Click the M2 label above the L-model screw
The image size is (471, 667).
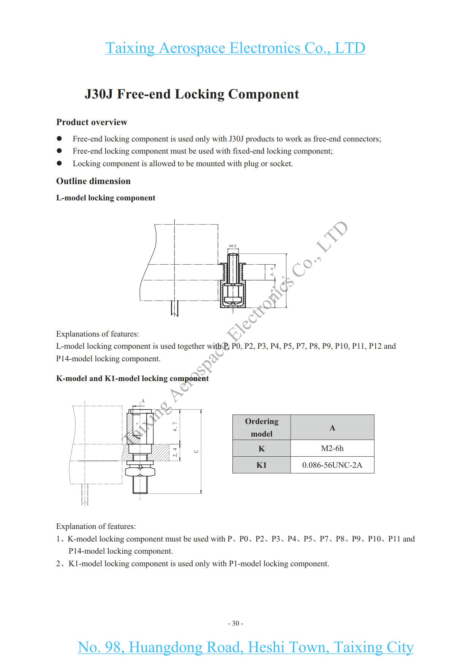[x=232, y=246]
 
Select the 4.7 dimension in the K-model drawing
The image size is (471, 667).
[x=175, y=426]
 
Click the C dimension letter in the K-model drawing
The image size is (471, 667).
[x=196, y=451]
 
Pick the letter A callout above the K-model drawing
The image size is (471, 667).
[x=143, y=401]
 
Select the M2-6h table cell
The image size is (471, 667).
[x=332, y=448]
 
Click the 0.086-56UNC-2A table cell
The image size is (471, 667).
[x=332, y=465]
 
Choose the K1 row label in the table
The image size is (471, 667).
[x=261, y=465]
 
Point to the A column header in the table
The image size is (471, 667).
[x=332, y=428]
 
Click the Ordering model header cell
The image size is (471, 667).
[x=261, y=427]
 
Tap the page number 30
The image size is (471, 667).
[x=235, y=623]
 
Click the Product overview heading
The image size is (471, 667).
[x=92, y=122]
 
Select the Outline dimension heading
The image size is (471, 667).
[x=93, y=181]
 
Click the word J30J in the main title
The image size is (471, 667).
[x=98, y=94]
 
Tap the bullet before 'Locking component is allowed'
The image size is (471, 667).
[x=59, y=164]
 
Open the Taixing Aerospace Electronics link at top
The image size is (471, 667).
[x=235, y=48]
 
